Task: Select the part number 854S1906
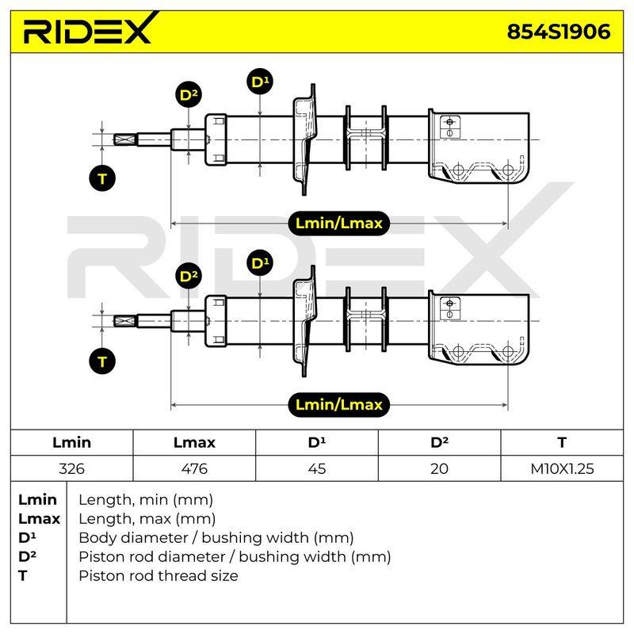(559, 32)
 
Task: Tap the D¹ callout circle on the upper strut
(260, 82)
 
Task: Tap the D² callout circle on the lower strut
(189, 276)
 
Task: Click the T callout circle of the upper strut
(102, 178)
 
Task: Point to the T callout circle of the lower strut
(102, 361)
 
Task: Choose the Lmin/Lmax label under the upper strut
(339, 223)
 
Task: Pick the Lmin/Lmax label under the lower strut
(339, 404)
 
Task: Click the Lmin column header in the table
(71, 442)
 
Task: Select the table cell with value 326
(71, 468)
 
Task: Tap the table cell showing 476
(194, 468)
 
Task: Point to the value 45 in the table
(316, 468)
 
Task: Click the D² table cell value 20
(439, 468)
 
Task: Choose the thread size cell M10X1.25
(562, 468)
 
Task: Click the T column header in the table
(562, 442)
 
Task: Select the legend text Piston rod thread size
(158, 575)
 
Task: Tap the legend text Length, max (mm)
(147, 518)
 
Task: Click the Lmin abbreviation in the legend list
(37, 499)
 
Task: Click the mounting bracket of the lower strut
(479, 327)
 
